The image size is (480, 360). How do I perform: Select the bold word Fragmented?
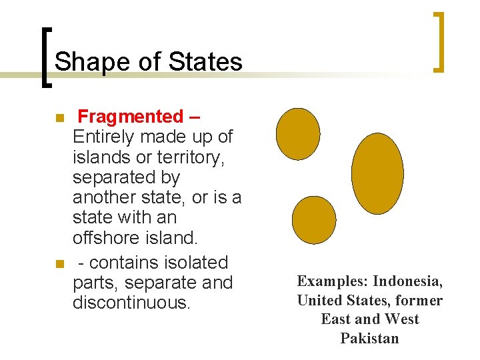coord(129,117)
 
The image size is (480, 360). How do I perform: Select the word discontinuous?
coord(131,303)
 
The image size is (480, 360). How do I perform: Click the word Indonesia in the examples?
coord(407,281)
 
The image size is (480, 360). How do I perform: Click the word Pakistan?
coord(369,338)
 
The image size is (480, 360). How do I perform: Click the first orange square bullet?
coord(59,118)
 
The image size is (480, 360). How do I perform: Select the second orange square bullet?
coord(59,264)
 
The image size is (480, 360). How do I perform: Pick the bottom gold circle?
coord(314,219)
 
